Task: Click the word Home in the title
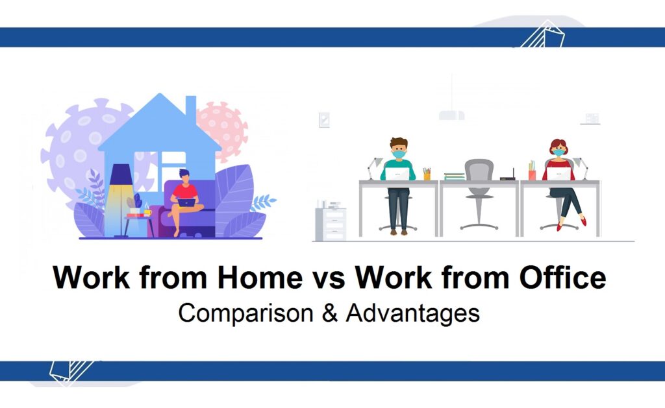click(x=260, y=278)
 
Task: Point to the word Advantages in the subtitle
click(x=412, y=313)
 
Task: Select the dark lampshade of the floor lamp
click(x=121, y=174)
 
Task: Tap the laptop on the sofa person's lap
click(x=186, y=202)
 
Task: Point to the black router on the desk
click(x=507, y=176)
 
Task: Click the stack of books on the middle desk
click(x=455, y=175)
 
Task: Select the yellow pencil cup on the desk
click(x=427, y=175)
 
